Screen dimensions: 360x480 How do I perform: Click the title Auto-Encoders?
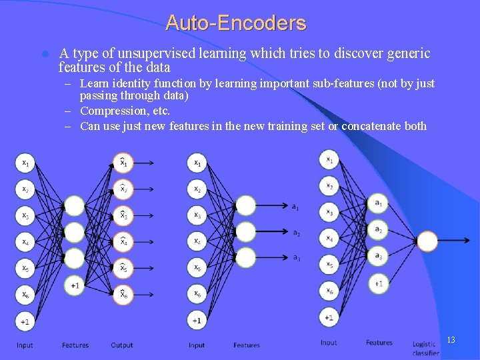click(236, 23)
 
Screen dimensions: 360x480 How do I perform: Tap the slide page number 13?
click(451, 340)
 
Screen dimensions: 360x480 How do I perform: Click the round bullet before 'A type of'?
click(44, 54)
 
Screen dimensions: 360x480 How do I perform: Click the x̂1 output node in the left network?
click(123, 163)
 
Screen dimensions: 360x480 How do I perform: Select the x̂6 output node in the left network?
click(123, 294)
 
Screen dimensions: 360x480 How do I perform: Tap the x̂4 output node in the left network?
click(123, 241)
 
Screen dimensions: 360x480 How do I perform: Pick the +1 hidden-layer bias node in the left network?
click(75, 285)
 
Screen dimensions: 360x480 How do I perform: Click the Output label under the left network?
click(122, 345)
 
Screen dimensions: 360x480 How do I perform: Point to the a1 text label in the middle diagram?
click(295, 207)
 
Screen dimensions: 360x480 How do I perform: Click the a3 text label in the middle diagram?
click(296, 258)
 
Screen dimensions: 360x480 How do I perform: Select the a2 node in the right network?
click(379, 229)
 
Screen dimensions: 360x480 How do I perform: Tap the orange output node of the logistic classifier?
click(427, 241)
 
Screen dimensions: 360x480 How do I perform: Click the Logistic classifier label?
click(425, 348)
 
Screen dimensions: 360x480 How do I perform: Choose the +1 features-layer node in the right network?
click(379, 283)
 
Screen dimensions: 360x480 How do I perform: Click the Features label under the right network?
click(379, 343)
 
